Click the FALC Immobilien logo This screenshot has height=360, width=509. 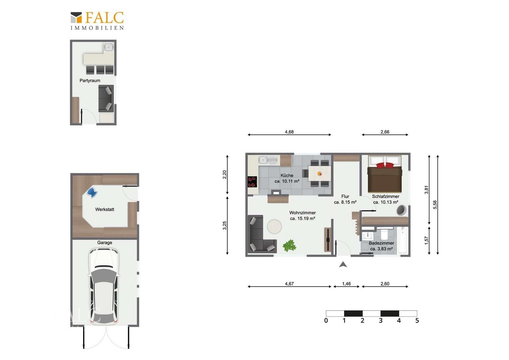(97, 21)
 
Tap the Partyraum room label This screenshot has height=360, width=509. (90, 81)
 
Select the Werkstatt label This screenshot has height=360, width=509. (105, 209)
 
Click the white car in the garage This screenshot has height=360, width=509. (104, 286)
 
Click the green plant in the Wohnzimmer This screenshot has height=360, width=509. (289, 246)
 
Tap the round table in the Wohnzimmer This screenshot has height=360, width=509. (274, 227)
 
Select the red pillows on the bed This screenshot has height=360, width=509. (385, 165)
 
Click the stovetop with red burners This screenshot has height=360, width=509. (252, 182)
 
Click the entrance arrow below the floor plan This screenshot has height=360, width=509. (343, 264)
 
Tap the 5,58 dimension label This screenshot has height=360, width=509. (435, 205)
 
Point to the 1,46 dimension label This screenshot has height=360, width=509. (346, 284)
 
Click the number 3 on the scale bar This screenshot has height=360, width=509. (381, 320)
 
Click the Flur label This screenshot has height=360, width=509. (345, 196)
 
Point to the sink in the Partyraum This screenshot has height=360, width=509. (109, 47)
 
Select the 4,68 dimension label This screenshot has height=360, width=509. (289, 132)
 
